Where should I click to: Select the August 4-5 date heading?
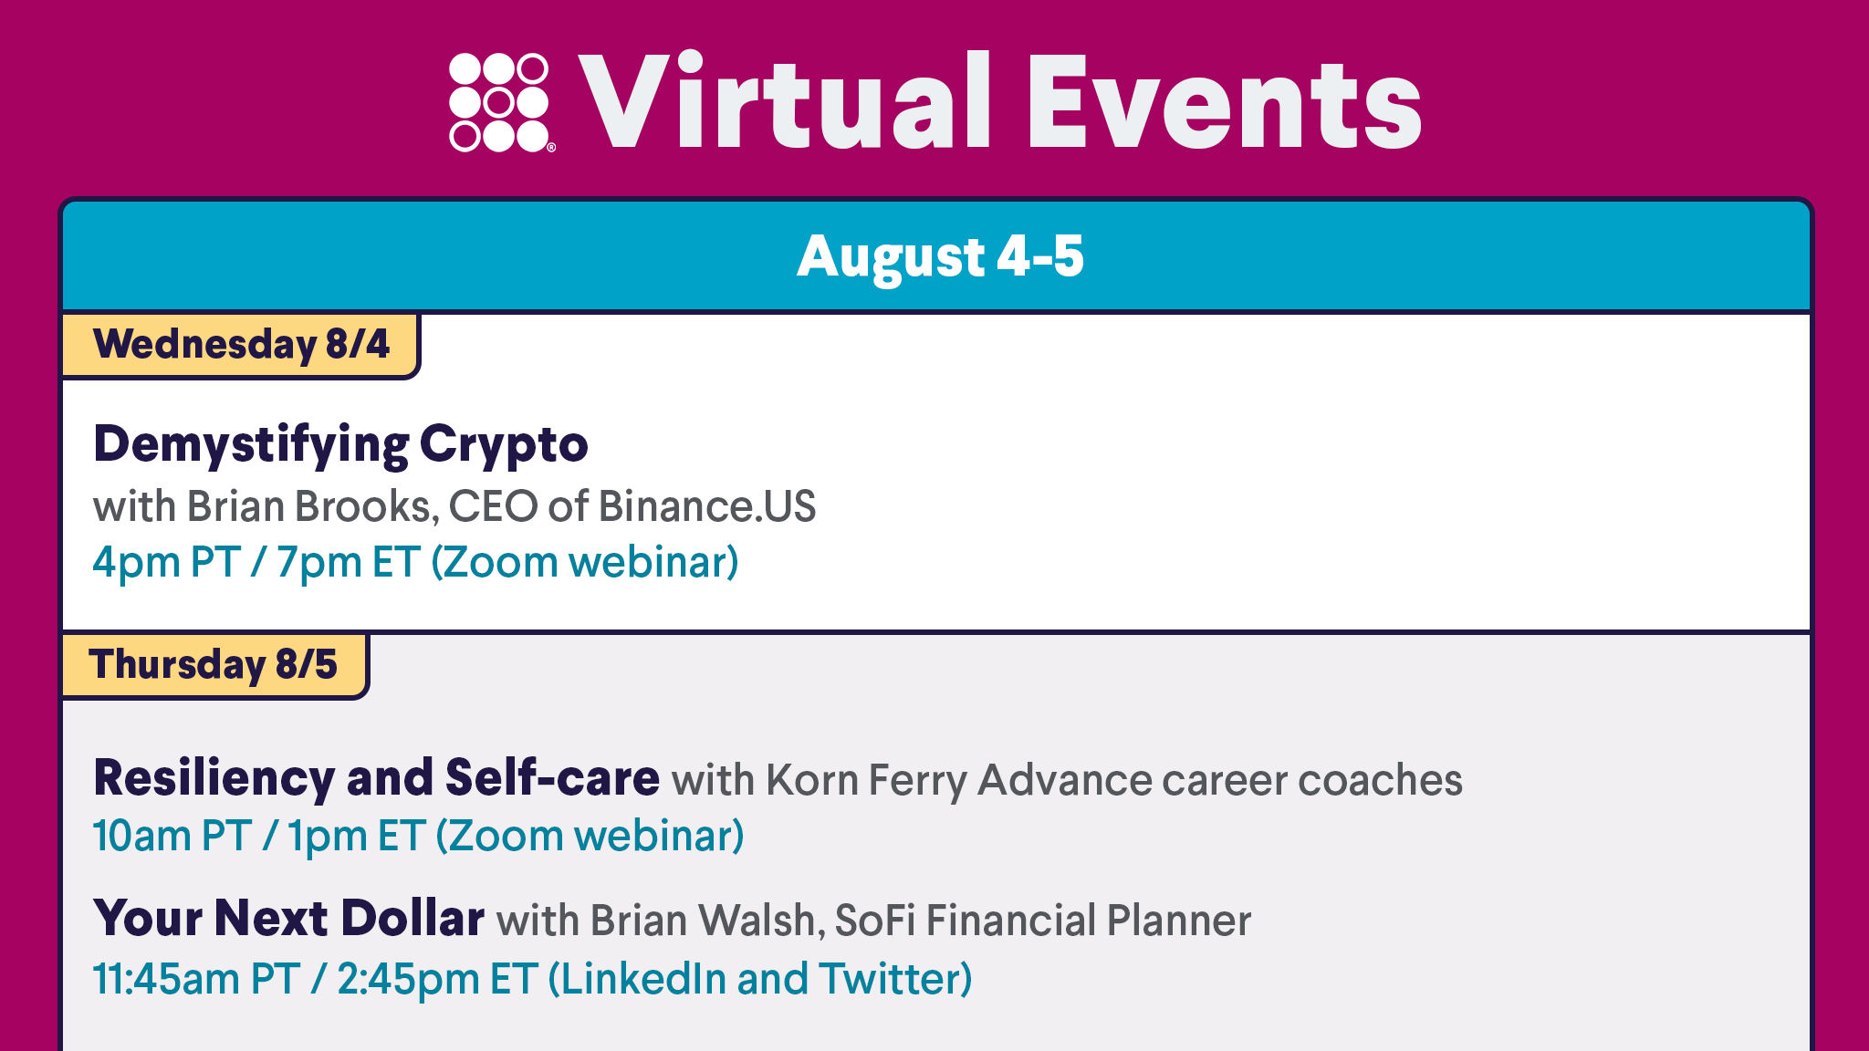tap(940, 256)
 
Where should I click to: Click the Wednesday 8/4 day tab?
tap(241, 344)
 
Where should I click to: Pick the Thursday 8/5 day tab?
tap(214, 664)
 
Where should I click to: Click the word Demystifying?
tap(252, 446)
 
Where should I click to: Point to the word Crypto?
tap(504, 446)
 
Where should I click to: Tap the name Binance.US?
tap(707, 506)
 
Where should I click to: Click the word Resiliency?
tap(214, 779)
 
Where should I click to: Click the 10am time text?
tap(141, 837)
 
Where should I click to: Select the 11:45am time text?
tap(167, 980)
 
